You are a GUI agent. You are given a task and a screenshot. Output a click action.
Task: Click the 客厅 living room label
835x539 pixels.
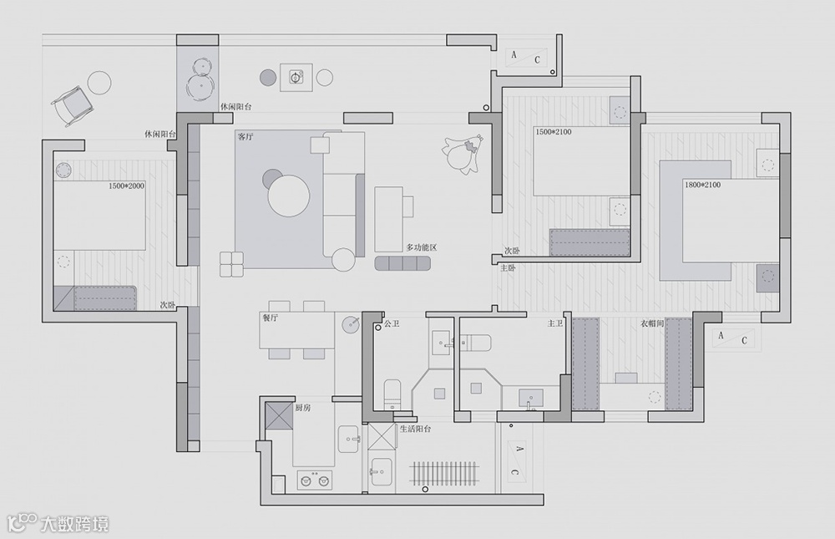pos(245,135)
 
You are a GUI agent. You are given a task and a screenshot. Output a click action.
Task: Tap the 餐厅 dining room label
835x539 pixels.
pos(270,318)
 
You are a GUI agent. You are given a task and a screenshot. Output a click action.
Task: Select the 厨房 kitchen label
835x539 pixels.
pos(303,408)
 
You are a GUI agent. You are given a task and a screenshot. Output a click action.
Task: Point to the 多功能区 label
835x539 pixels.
pos(422,247)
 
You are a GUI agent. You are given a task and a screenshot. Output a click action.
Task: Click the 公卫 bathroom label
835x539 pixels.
pos(391,322)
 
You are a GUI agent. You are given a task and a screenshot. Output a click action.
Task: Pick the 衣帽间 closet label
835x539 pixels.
pos(653,323)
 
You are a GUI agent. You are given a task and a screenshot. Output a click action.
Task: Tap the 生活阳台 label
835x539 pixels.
pos(415,429)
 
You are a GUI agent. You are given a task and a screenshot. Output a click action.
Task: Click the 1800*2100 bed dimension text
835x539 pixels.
pos(701,184)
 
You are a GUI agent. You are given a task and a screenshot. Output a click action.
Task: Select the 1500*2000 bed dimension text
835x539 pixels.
pos(126,186)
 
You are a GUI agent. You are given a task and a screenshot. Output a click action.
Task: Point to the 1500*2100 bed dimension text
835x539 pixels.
pos(552,132)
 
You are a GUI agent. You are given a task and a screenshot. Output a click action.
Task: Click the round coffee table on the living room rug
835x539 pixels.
pos(289,195)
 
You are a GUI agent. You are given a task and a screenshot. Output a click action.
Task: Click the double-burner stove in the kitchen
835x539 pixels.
pos(314,480)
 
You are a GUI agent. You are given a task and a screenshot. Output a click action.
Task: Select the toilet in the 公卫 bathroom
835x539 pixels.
pos(392,394)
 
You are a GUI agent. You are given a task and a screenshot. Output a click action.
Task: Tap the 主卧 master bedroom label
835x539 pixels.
pos(508,268)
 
